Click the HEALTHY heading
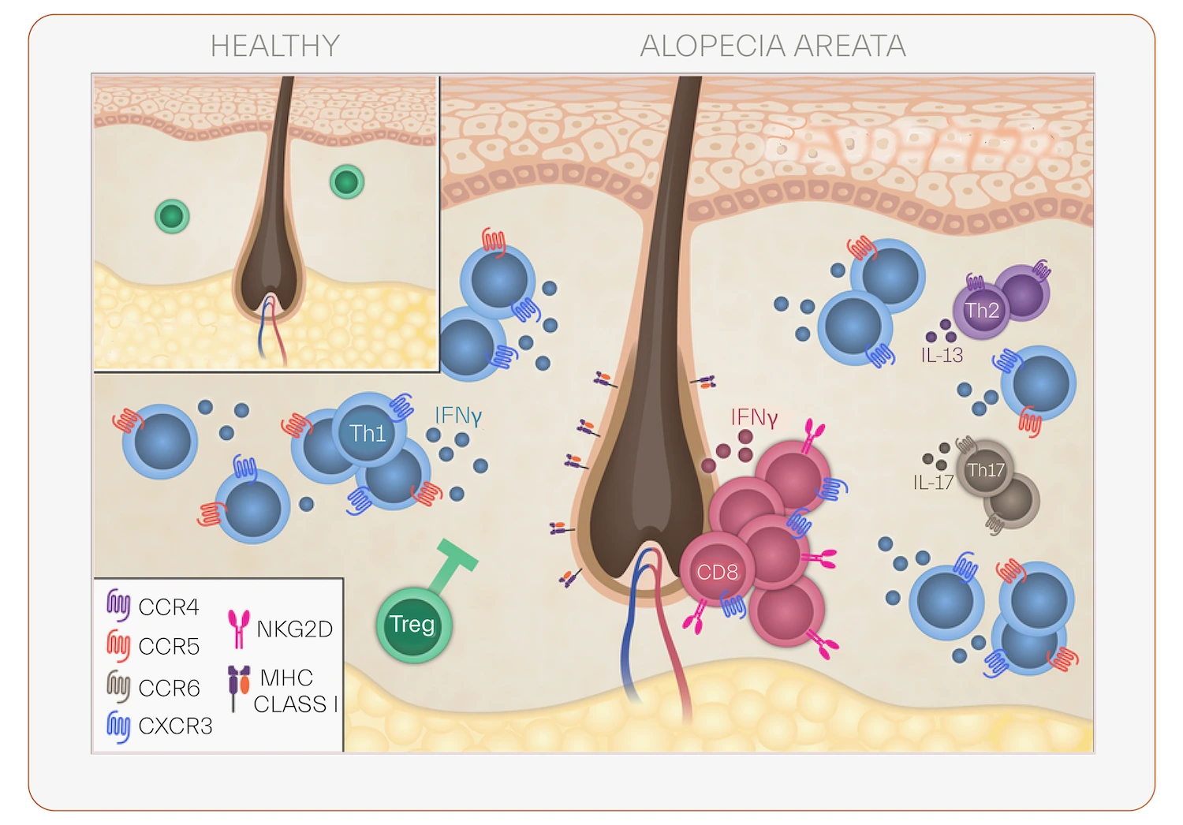point(274,46)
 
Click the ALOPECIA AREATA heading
point(773,46)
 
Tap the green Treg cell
point(412,625)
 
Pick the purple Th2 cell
point(982,311)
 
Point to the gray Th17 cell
point(986,470)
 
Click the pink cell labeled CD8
point(717,571)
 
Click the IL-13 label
point(942,356)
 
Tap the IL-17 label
point(933,483)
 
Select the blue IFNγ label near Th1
point(457,416)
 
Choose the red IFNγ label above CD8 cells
point(753,417)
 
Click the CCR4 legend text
point(168,607)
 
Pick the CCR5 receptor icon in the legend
point(118,645)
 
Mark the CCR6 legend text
point(169,688)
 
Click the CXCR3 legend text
point(175,726)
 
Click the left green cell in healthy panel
point(172,215)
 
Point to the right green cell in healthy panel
point(346,181)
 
